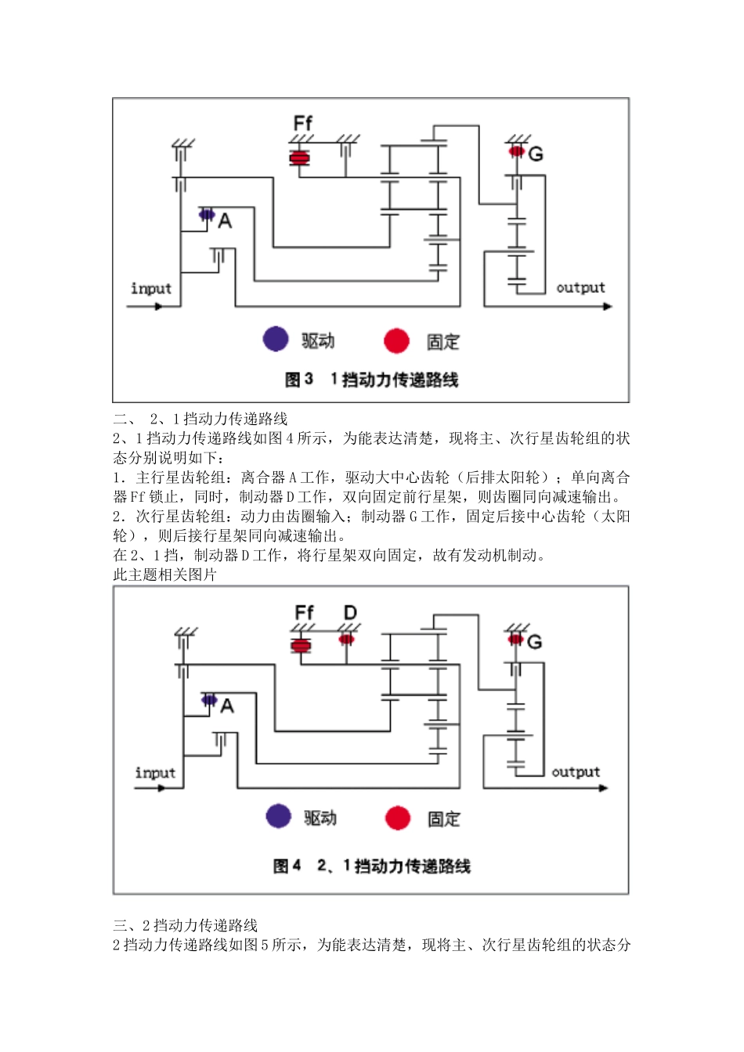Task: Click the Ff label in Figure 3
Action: pos(302,123)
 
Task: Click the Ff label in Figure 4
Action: pos(304,612)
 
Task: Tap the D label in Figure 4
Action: pos(350,612)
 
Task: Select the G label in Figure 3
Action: pos(536,154)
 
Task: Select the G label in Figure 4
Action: pos(534,642)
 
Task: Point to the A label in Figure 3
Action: pos(225,222)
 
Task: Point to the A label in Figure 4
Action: pos(227,706)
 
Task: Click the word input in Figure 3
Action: pos(151,288)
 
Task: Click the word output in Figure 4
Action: pos(576,772)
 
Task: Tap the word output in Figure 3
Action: pos(580,287)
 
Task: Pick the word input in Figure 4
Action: pos(155,773)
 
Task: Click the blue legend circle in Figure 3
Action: pos(276,340)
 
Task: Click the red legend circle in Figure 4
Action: pos(398,818)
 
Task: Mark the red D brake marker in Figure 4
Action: pos(346,639)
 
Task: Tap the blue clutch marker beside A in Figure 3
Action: pos(207,214)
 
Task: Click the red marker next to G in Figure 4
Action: pos(515,639)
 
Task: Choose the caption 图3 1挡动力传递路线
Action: pos(371,380)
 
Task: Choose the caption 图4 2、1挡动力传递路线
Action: pos(371,866)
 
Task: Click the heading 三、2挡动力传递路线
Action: pos(185,925)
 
